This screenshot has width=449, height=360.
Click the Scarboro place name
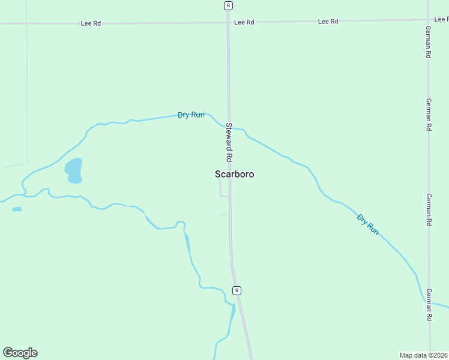coord(234,174)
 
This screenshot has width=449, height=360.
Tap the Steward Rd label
coord(229,142)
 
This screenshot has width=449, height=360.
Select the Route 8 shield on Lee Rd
coord(228,5)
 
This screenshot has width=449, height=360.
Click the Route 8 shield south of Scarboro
coord(237,290)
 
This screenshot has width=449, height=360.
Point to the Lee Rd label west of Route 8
coord(91,23)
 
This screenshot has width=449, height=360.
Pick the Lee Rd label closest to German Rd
coord(328,22)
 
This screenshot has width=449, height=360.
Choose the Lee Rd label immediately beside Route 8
coord(244,22)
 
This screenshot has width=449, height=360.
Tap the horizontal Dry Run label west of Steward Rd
coord(191,115)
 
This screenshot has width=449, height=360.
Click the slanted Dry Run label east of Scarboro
coord(368,224)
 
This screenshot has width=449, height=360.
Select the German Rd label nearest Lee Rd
coord(429,42)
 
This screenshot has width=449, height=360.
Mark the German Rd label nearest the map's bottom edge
coord(429,305)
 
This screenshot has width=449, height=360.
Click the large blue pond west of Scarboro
coord(73,170)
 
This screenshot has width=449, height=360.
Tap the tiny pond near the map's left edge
coord(17,209)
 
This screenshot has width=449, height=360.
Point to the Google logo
coord(20,353)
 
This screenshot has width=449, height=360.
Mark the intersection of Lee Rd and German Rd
coord(429,20)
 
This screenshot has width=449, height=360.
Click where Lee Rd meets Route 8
coord(228,22)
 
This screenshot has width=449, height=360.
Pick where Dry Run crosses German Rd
coord(429,302)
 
